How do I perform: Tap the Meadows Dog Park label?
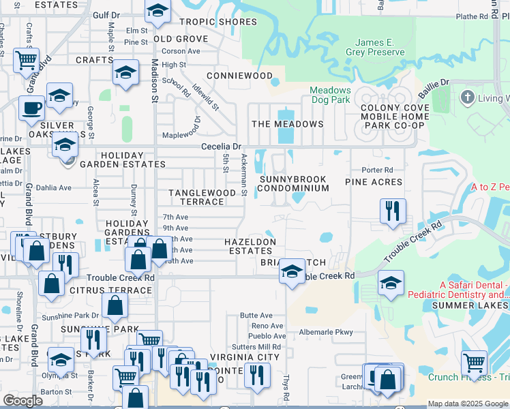coord(330,95)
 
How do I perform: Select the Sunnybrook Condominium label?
coord(292,183)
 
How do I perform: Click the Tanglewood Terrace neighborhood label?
coord(202,197)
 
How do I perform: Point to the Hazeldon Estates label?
coord(251,246)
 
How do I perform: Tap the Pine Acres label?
coord(374,182)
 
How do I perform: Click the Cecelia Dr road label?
coord(221,147)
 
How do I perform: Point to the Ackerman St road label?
coord(243,174)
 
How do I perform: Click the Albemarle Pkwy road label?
coord(326,333)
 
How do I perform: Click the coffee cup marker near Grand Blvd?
coord(31,107)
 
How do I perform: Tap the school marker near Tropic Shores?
coord(157,11)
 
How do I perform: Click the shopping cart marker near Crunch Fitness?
coord(475,361)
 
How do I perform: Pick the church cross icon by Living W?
coord(468,97)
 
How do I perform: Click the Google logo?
coord(23,401)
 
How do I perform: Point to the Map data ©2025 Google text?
coord(467,404)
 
